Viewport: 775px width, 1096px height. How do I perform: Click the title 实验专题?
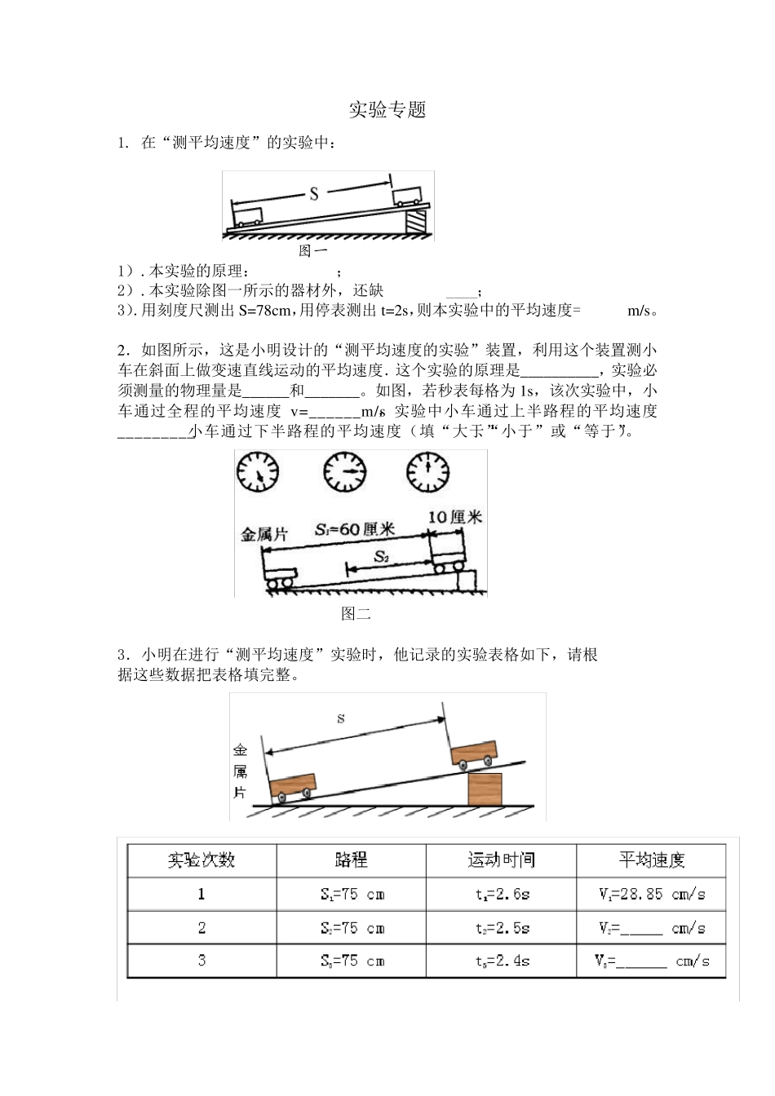click(387, 110)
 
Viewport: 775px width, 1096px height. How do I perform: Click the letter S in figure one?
click(313, 194)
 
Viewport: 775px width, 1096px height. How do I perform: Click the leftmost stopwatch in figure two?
click(258, 473)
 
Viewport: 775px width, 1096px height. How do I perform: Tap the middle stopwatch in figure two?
click(344, 472)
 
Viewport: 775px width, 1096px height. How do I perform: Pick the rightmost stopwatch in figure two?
click(427, 472)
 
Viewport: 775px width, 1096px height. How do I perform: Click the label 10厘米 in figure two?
click(455, 517)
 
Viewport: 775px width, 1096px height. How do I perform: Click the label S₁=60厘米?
click(354, 528)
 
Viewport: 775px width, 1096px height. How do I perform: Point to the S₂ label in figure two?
click(382, 557)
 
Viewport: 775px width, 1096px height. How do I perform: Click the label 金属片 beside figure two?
click(263, 535)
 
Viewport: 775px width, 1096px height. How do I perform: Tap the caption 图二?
click(356, 614)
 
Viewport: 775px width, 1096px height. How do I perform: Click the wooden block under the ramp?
click(485, 789)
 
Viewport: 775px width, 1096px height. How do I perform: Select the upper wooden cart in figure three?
click(474, 753)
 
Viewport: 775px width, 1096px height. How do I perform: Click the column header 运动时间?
click(501, 860)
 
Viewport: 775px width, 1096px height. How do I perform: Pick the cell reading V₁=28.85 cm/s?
click(651, 894)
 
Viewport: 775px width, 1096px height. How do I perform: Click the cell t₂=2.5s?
click(502, 928)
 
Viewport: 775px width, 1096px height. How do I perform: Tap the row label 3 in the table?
click(201, 961)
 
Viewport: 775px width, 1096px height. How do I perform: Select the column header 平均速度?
click(651, 860)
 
